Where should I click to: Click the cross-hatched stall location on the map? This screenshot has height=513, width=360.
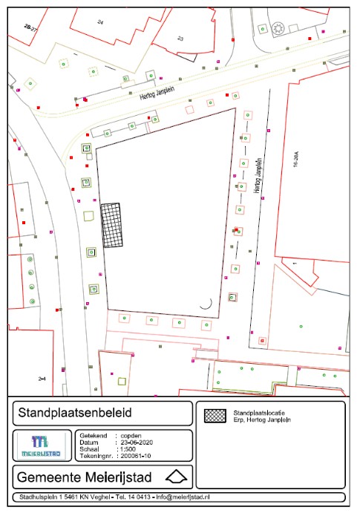pyautogui.click(x=111, y=226)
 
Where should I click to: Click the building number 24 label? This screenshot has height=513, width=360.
pyautogui.click(x=100, y=23)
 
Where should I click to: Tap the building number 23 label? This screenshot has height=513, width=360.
pyautogui.click(x=180, y=38)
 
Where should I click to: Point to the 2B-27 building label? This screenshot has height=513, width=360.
pyautogui.click(x=31, y=27)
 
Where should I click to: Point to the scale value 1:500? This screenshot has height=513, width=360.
pyautogui.click(x=131, y=449)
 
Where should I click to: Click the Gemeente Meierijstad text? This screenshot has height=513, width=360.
pyautogui.click(x=80, y=476)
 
